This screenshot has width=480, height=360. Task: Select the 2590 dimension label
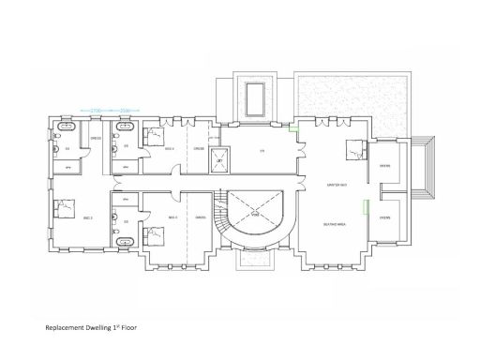[124, 111]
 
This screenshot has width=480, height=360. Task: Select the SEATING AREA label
[330, 225]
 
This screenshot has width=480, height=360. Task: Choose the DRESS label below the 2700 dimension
[96, 140]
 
